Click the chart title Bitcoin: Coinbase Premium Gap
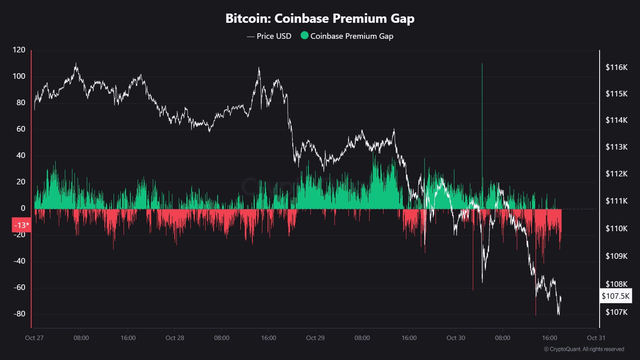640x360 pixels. tap(320, 18)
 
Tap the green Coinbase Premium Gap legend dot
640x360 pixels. tap(304, 36)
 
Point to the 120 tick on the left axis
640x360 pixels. tap(19, 50)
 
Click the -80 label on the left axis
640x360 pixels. tap(19, 314)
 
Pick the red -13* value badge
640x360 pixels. tap(22, 225)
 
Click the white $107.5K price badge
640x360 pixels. tap(615, 296)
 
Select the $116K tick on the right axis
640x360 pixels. tap(616, 67)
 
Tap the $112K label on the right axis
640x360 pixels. tap(616, 174)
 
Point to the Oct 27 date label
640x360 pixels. tap(34, 338)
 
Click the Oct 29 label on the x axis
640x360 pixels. tap(315, 338)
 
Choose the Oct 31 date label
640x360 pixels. tap(596, 338)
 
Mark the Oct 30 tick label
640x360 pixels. tap(456, 338)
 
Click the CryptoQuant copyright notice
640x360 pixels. tap(584, 349)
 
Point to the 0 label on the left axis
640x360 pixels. tap(23, 208)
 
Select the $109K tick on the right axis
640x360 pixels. tap(616, 256)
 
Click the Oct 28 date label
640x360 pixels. tap(175, 338)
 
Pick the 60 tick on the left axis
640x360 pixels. tap(20, 129)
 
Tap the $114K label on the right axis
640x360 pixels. tap(616, 120)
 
